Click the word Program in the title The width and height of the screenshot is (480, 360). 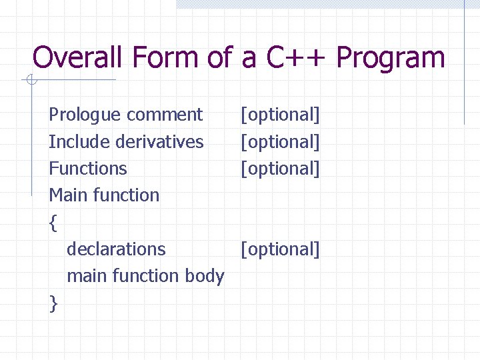tap(390, 59)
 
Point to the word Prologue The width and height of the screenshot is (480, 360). tap(85, 115)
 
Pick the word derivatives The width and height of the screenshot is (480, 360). tap(160, 142)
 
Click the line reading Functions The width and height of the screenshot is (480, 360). tap(87, 169)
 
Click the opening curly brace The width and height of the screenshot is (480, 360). tap(53, 223)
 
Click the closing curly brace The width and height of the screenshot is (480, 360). tap(53, 303)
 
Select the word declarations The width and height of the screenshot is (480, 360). tap(116, 249)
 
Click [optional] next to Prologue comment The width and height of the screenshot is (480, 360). tap(280, 115)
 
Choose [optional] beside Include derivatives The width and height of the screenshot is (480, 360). tap(280, 142)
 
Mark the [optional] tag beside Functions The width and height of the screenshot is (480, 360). tap(280, 169)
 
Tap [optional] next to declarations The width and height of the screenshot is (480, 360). tap(280, 249)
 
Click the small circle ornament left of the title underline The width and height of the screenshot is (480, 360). tap(30, 81)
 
